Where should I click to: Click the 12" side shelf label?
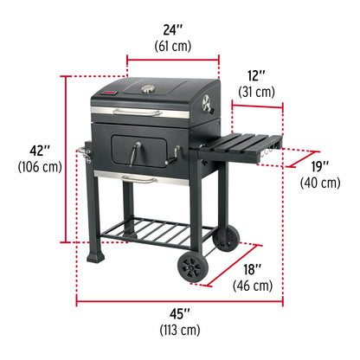[x=257, y=74]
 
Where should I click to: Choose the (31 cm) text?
[x=257, y=92]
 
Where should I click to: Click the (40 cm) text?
[x=320, y=183]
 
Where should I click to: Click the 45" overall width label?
[x=179, y=312]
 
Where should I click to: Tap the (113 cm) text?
[x=179, y=330]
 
